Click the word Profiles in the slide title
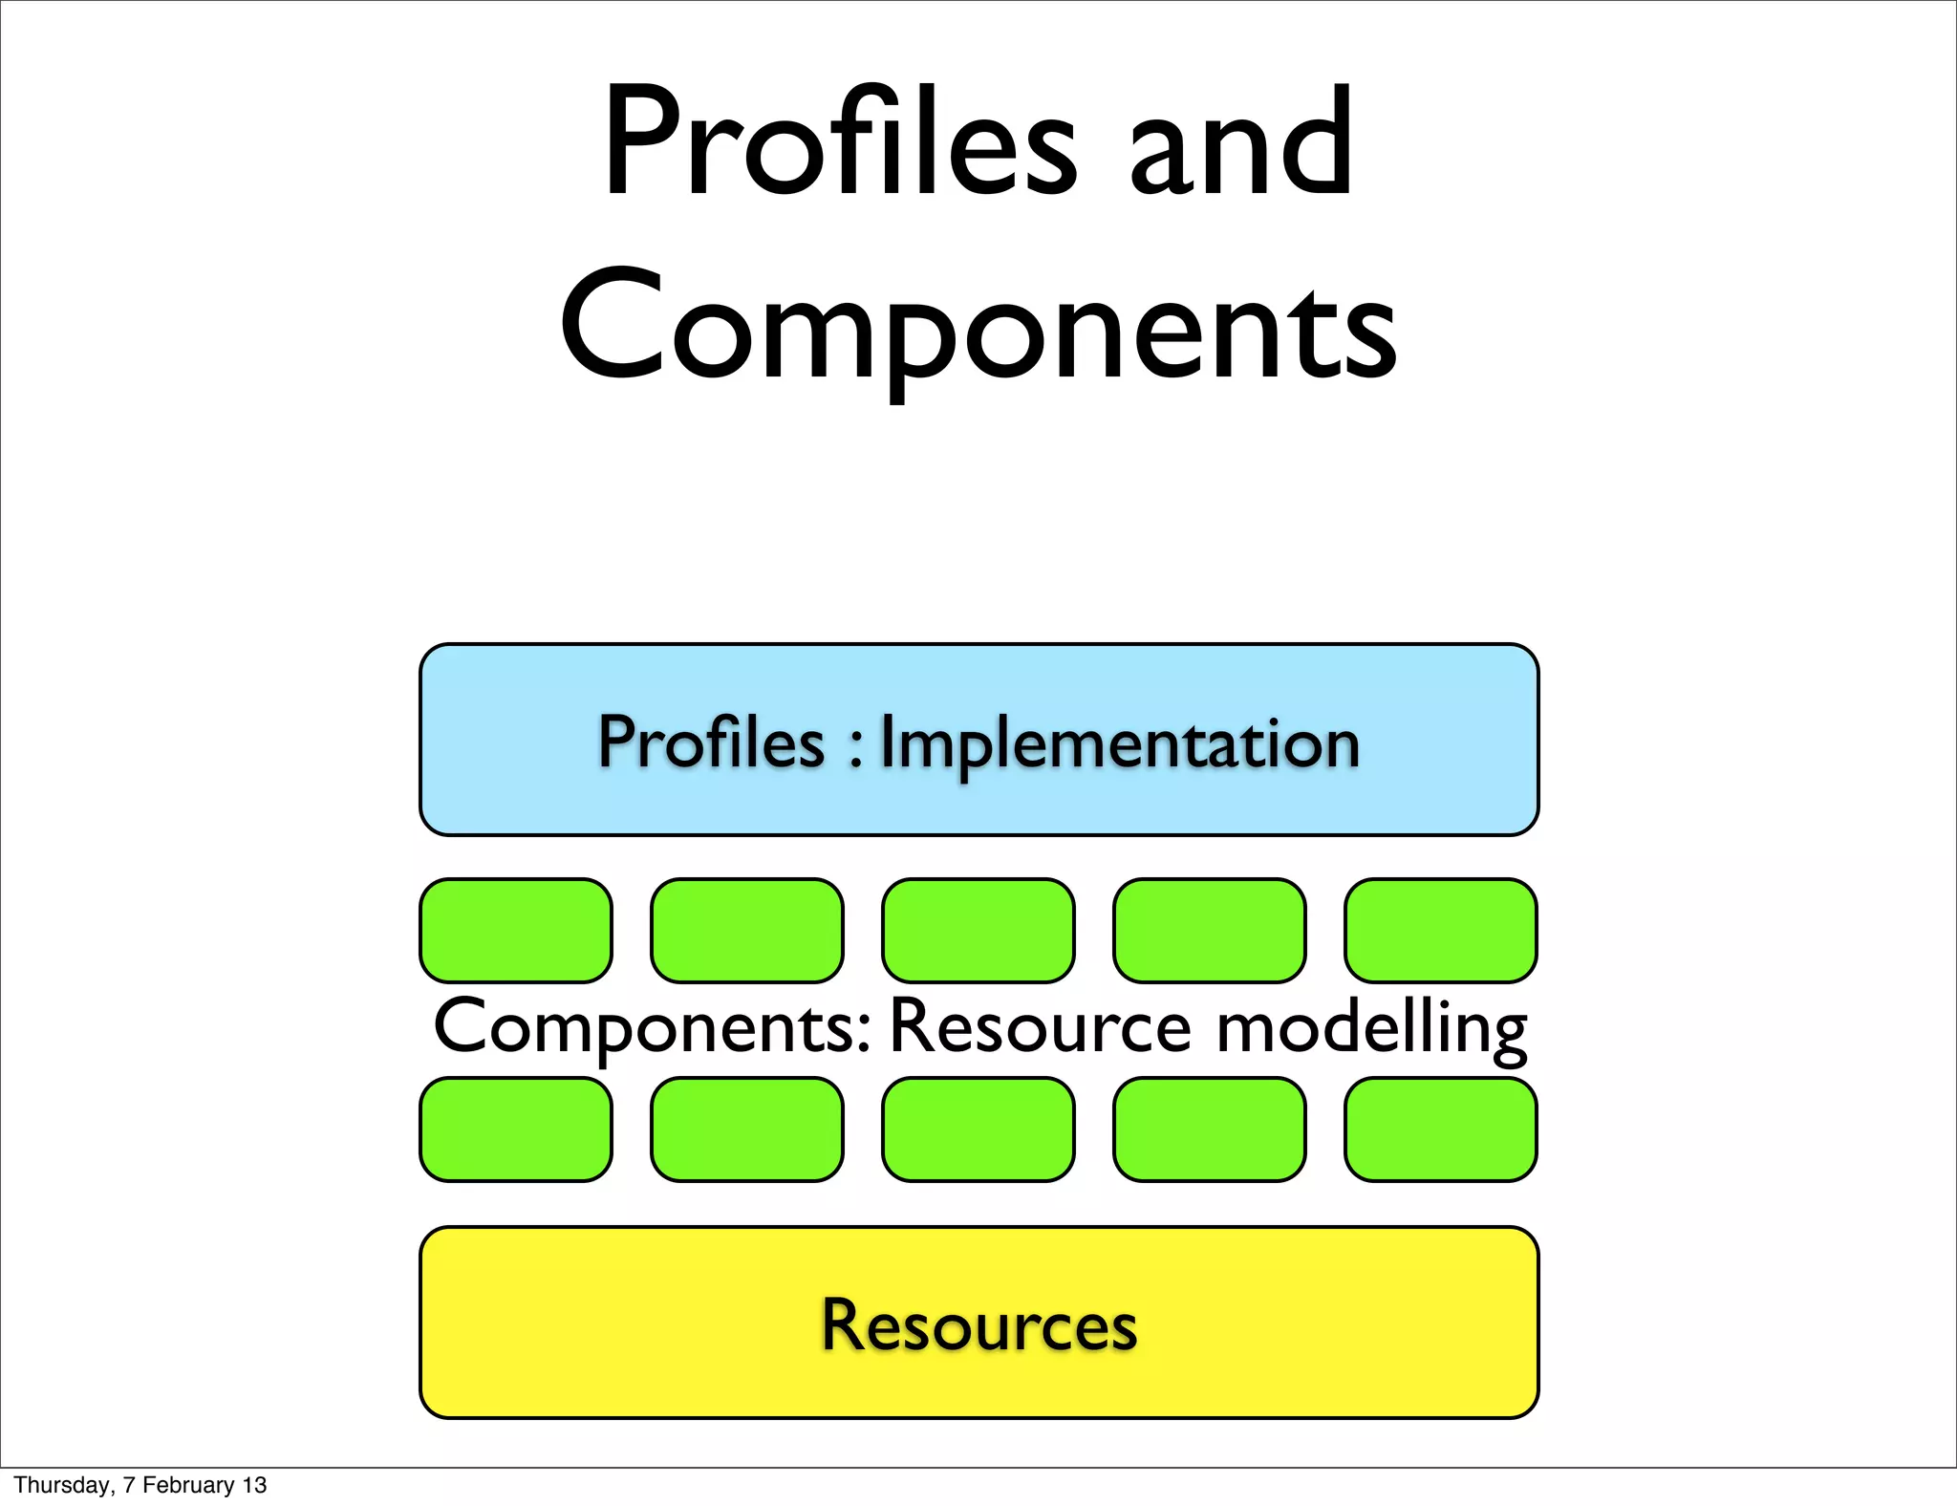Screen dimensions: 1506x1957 840,143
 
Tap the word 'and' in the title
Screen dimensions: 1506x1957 1241,143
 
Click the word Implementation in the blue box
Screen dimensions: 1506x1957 1119,743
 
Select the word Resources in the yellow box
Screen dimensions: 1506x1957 979,1325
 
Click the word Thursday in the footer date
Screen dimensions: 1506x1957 62,1485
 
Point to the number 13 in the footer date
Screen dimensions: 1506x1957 254,1485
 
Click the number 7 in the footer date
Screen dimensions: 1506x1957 129,1485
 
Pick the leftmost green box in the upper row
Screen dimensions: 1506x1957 516,931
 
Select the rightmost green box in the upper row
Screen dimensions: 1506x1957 1441,931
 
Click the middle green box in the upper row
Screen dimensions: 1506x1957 978,931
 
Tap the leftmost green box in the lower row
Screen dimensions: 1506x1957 516,1129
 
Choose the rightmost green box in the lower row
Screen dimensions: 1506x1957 1441,1129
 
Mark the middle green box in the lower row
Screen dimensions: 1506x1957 978,1129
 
